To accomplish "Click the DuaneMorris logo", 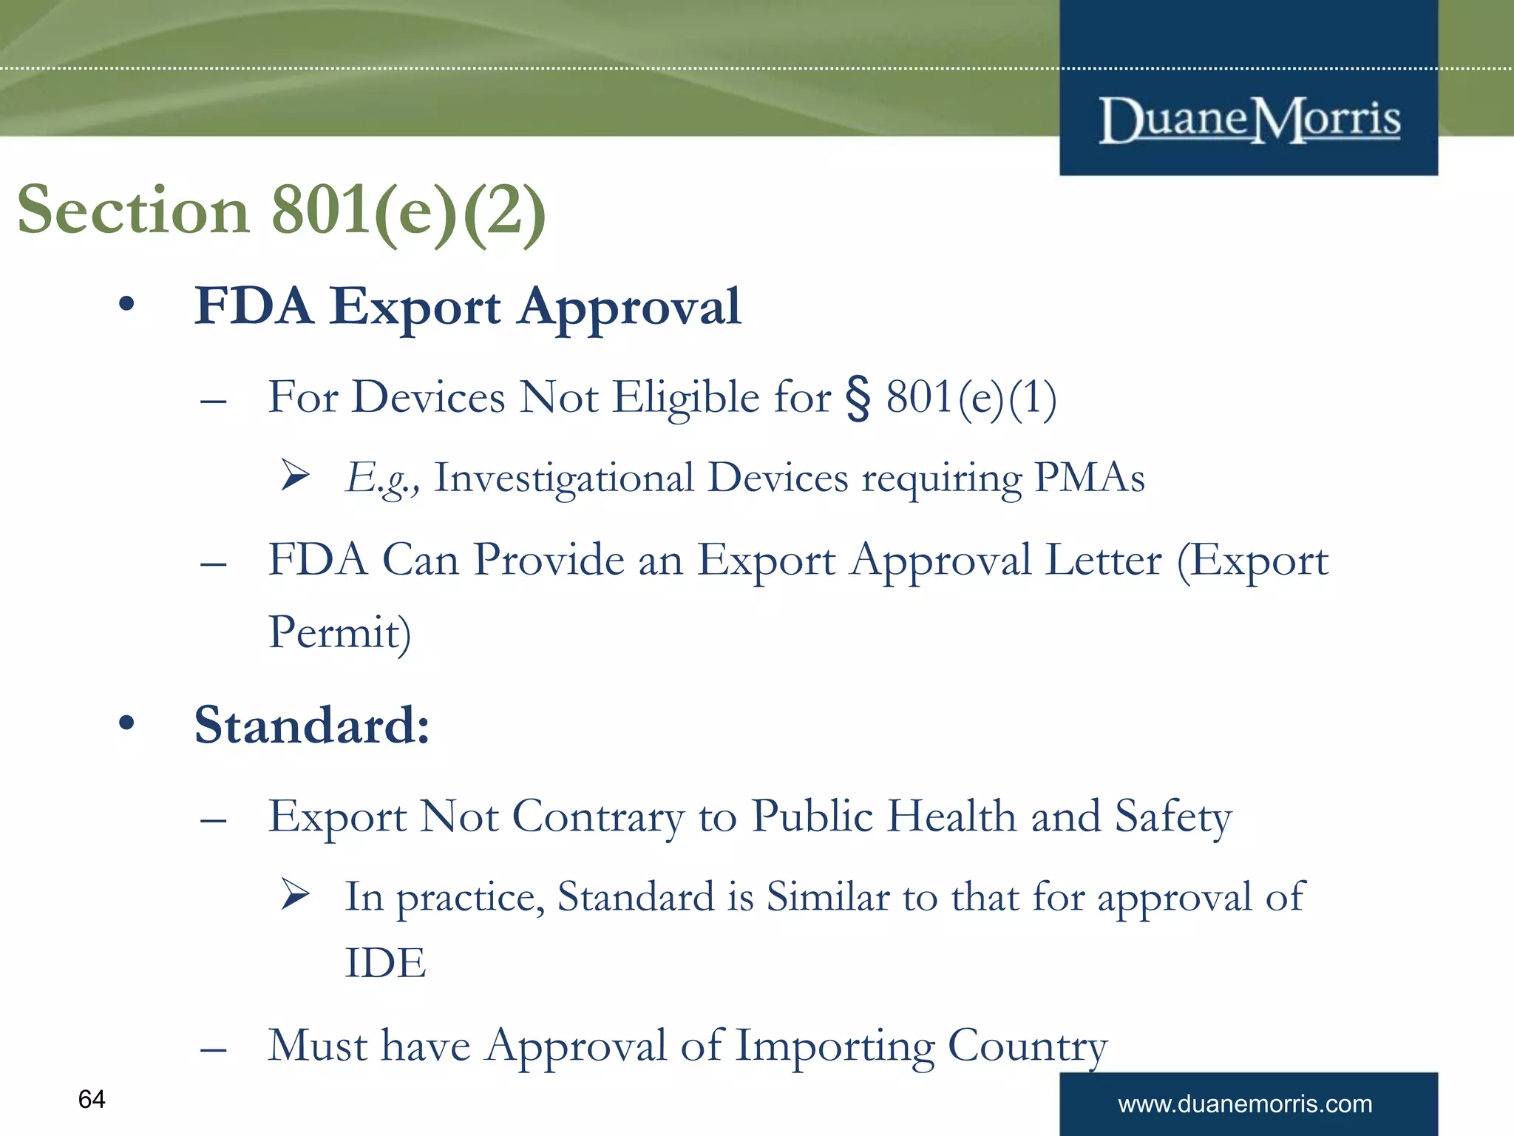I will pos(1249,120).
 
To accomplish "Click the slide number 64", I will pos(92,1099).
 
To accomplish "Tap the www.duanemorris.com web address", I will pos(1245,1104).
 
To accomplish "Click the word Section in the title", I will pos(133,210).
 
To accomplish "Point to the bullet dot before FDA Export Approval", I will pos(126,304).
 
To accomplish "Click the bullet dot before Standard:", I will pos(126,723).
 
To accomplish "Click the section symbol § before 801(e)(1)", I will pos(858,398).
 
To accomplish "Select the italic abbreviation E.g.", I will pos(378,478).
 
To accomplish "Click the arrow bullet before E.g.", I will pos(296,475).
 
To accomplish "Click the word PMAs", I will pos(1090,478).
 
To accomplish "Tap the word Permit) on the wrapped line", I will pos(339,633).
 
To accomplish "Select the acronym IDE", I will pos(386,963).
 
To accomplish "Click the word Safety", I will pos(1173,817).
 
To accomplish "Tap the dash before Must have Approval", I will pos(213,1049).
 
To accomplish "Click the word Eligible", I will pos(686,398).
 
